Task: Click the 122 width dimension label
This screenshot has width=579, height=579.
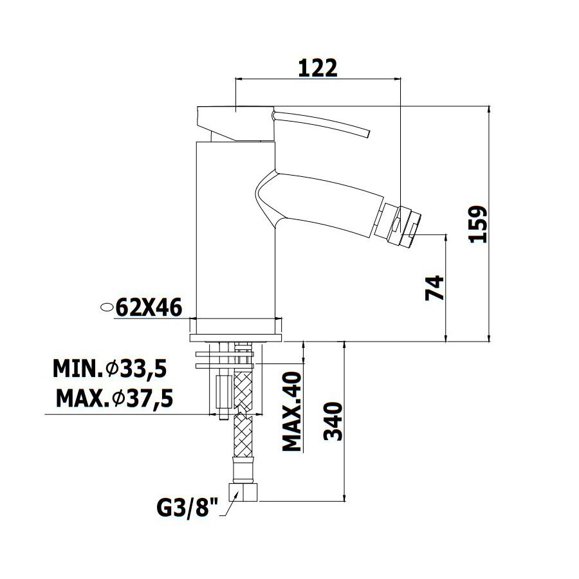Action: (x=318, y=68)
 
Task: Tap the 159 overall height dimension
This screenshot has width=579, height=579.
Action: (x=478, y=225)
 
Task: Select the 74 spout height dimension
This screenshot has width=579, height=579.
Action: (x=435, y=288)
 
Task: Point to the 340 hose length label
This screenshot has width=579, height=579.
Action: (x=333, y=421)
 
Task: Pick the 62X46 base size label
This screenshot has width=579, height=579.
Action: (x=149, y=308)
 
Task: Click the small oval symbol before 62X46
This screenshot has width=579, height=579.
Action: (x=107, y=307)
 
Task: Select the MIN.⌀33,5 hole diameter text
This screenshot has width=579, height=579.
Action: (x=110, y=368)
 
